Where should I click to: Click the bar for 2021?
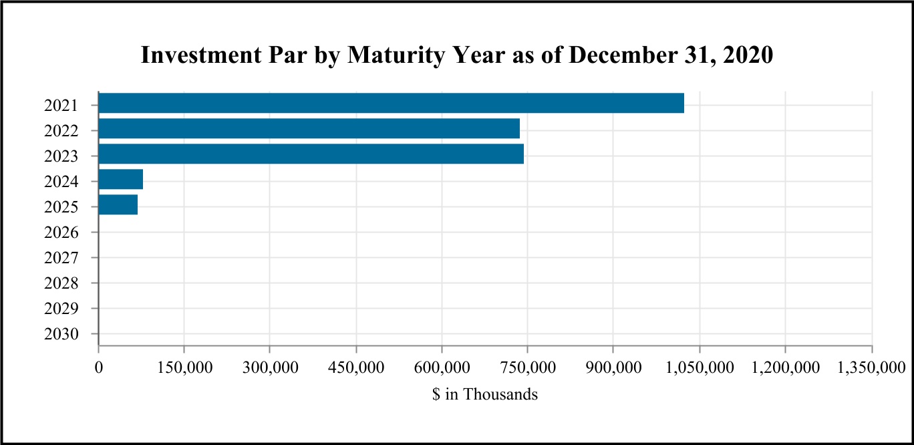tap(392, 103)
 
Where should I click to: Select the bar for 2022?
tap(309, 128)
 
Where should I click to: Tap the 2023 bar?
tap(311, 154)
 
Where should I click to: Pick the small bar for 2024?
tap(121, 179)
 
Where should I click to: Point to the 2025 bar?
tap(118, 204)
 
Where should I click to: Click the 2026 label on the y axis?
tap(61, 233)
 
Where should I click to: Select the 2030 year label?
tap(61, 334)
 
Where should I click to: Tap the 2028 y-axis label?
tap(61, 283)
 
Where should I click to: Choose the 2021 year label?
tap(61, 106)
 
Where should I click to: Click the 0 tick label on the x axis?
tap(99, 367)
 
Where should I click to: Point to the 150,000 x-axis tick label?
tap(185, 367)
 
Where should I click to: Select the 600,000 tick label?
tap(442, 367)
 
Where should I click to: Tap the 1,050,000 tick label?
tap(700, 367)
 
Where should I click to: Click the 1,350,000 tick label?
tap(871, 367)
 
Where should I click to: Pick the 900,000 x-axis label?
tap(614, 367)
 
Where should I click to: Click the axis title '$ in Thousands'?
tap(485, 394)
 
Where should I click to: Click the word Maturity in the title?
tap(396, 55)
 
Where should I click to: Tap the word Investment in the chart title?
tap(201, 55)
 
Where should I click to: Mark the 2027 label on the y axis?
tap(61, 258)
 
